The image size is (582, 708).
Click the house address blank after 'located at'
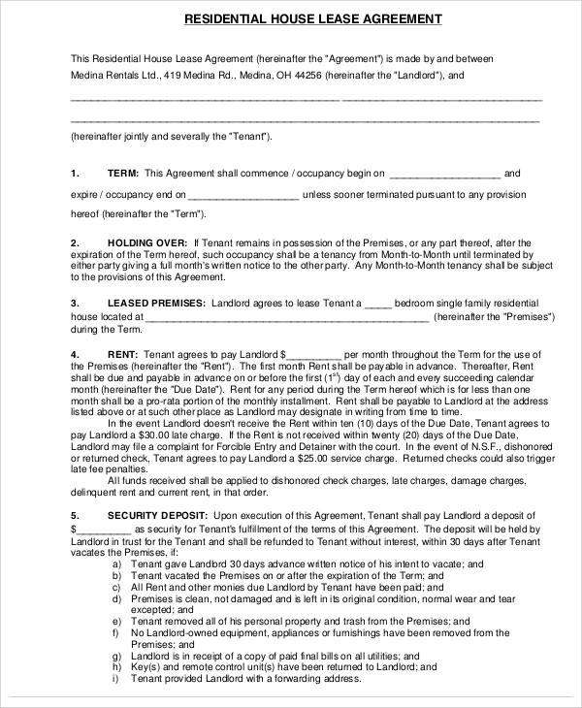[286, 317]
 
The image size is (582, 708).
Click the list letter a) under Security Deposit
[116, 563]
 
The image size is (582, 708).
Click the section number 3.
[75, 303]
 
